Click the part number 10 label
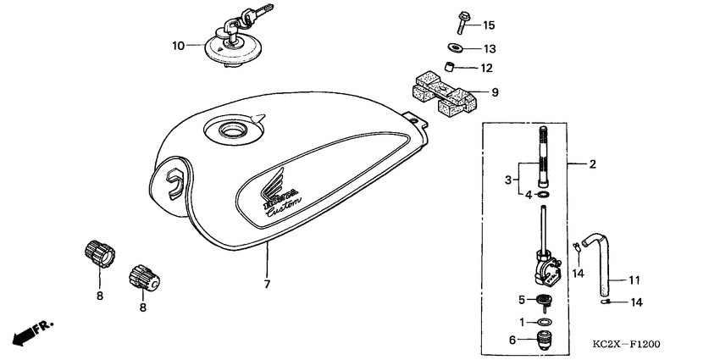click(x=178, y=46)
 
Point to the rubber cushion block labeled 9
click(x=443, y=91)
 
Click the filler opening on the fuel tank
click(x=230, y=130)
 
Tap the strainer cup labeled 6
click(x=541, y=343)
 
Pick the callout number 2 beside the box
click(x=593, y=163)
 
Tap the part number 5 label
click(x=522, y=299)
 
